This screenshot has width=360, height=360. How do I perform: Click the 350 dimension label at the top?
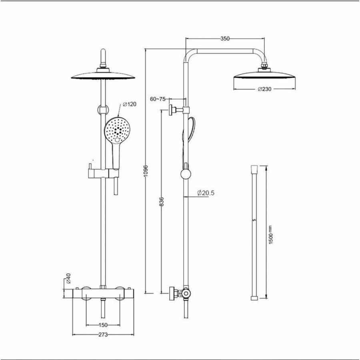(225, 39)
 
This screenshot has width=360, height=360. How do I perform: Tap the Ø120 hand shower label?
(130, 104)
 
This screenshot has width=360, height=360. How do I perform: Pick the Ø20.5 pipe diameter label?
(206, 193)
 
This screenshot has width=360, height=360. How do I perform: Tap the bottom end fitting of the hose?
(254, 297)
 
